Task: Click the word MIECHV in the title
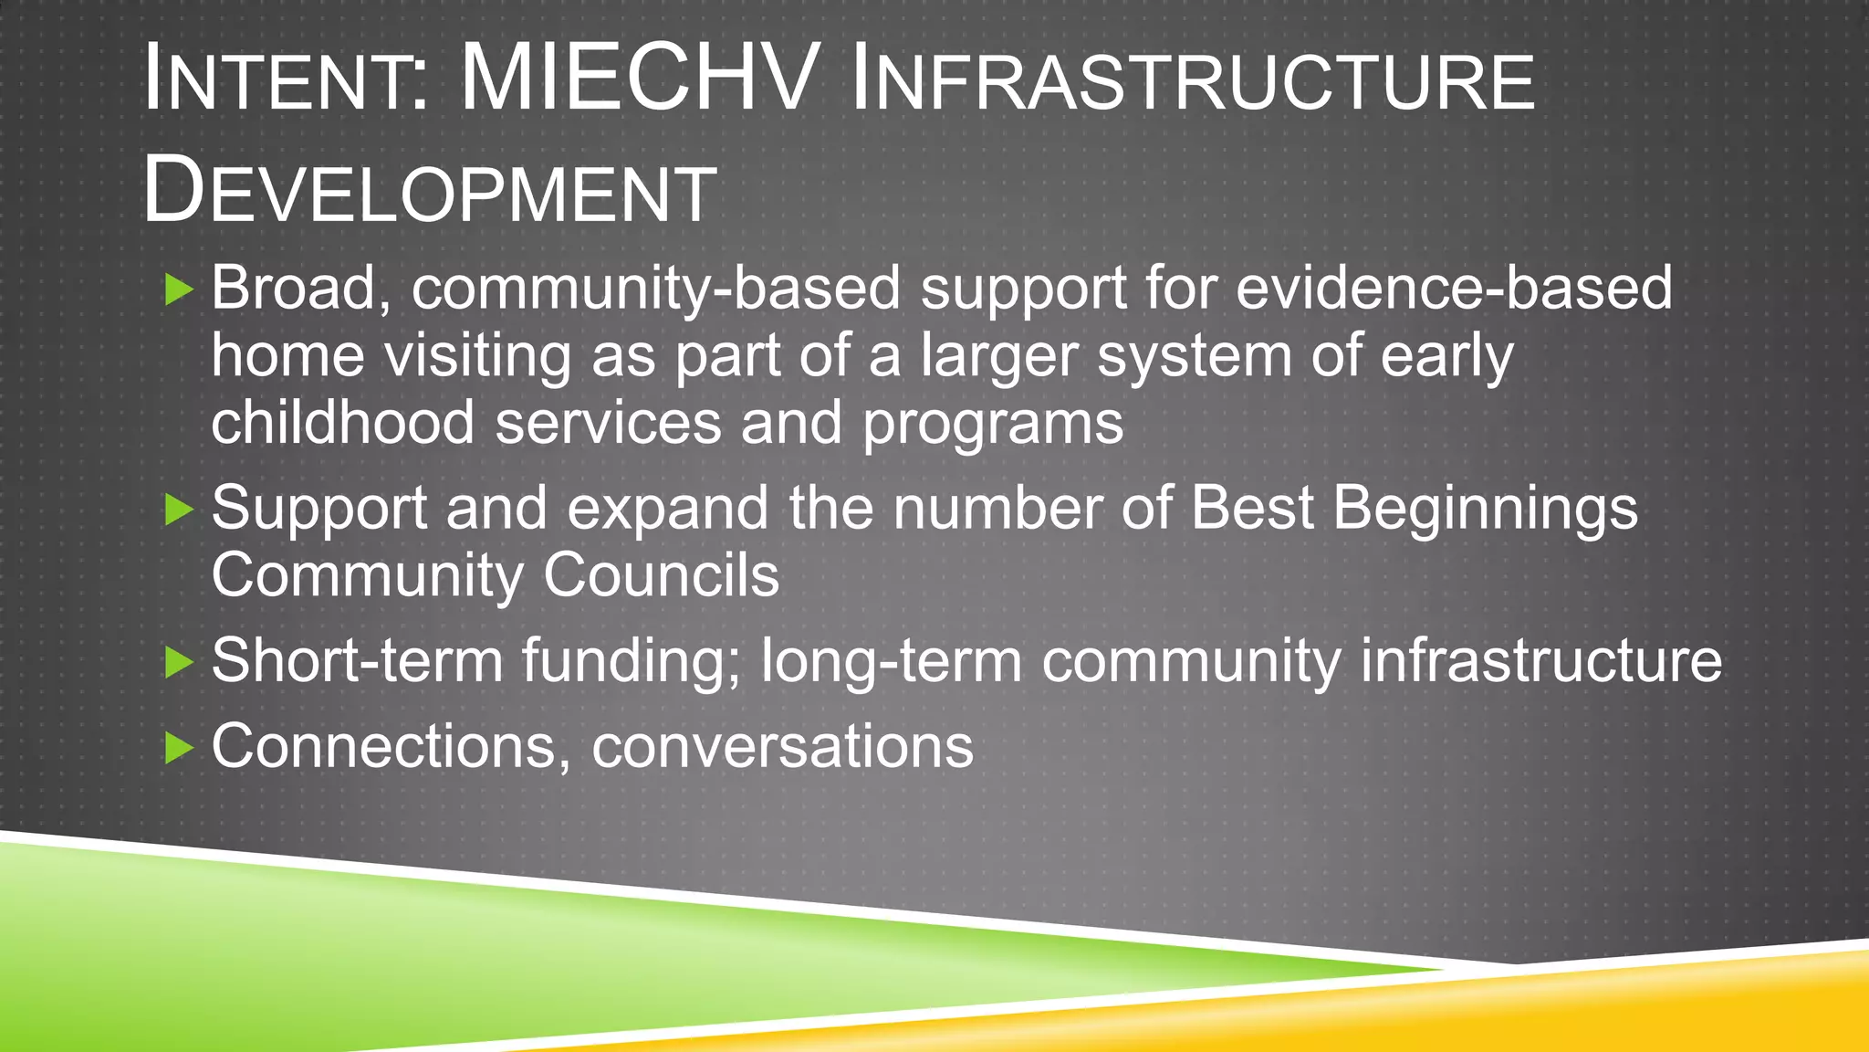(x=636, y=79)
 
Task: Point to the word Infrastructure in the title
(x=1192, y=82)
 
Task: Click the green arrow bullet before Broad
(x=179, y=290)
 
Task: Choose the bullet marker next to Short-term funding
(x=179, y=662)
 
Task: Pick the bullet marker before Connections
(x=179, y=749)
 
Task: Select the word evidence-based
(x=1454, y=288)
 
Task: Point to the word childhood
(x=342, y=423)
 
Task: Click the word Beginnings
(x=1485, y=509)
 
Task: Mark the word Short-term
(x=357, y=660)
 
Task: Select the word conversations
(x=782, y=747)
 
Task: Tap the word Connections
(x=383, y=747)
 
